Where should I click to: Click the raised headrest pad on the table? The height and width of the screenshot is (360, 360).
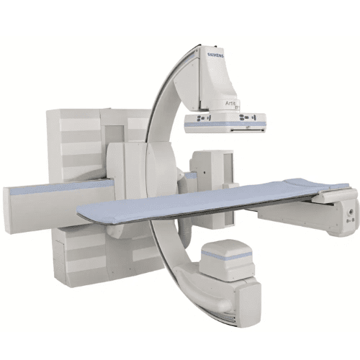(321, 186)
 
